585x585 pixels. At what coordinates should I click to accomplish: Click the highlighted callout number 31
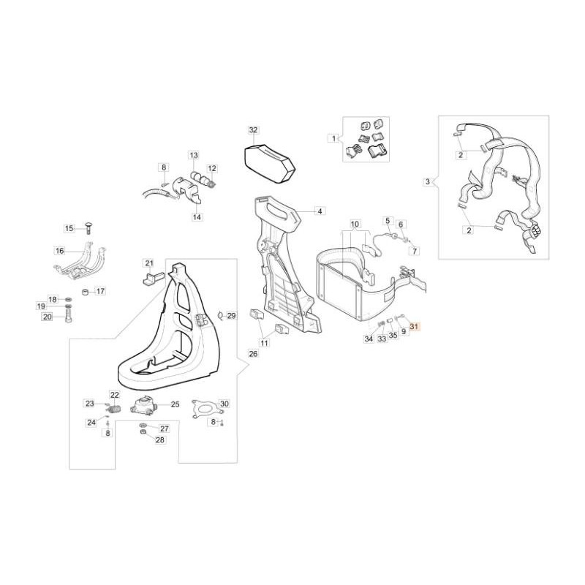coord(414,326)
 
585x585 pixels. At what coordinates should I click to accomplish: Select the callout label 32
coord(253,130)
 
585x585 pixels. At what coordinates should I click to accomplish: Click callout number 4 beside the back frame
coord(320,211)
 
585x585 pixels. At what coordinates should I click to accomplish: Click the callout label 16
coord(60,251)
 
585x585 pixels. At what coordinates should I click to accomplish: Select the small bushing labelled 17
coord(86,291)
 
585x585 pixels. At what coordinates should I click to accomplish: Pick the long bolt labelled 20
coord(69,316)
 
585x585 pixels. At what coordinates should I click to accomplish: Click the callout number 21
coord(149,263)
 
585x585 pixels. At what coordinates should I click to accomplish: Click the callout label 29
coord(232,316)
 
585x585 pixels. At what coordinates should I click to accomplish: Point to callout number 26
coord(253,353)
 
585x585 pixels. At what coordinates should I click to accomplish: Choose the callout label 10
coord(355,224)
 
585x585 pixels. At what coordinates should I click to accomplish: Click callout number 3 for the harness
coord(428,182)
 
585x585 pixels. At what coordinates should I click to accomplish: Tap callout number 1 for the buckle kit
coord(333,138)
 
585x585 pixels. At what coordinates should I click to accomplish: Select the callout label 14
coord(197,216)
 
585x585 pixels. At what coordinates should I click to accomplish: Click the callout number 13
coord(194,155)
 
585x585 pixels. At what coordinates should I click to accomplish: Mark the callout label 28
coord(159,440)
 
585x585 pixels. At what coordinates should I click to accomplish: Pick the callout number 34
coord(369,339)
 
